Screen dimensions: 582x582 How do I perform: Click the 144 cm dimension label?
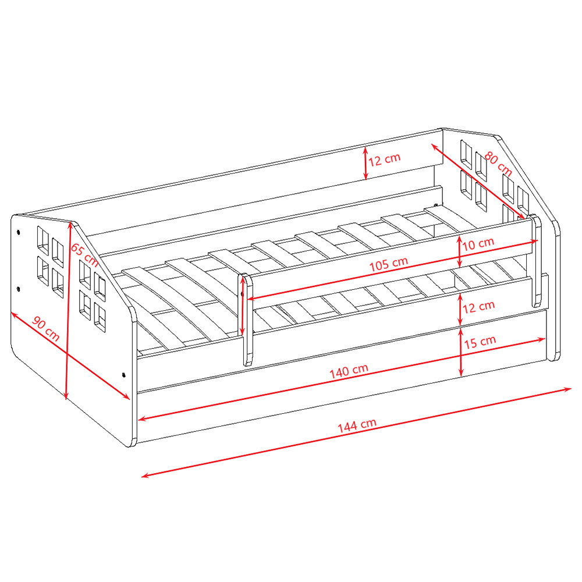pyautogui.click(x=357, y=425)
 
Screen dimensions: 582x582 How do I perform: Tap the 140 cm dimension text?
pyautogui.click(x=349, y=371)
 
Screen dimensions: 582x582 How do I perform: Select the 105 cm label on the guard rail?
pyautogui.click(x=389, y=264)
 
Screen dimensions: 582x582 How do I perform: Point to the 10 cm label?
pyautogui.click(x=478, y=244)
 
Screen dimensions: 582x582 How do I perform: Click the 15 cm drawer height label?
pyautogui.click(x=480, y=342)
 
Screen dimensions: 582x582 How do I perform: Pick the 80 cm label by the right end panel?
pyautogui.click(x=499, y=164)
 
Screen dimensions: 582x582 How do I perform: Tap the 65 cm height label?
pyautogui.click(x=84, y=255)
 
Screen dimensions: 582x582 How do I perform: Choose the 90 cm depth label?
pyautogui.click(x=45, y=328)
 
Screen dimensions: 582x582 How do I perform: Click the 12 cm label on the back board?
pyautogui.click(x=385, y=159)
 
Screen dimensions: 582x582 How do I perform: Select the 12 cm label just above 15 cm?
pyautogui.click(x=478, y=307)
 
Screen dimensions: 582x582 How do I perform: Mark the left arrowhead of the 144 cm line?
pyautogui.click(x=145, y=475)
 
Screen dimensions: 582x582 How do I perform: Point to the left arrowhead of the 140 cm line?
pyautogui.click(x=142, y=419)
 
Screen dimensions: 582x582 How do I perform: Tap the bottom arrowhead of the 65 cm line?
pyautogui.click(x=66, y=395)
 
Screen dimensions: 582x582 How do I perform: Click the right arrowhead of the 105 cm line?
pyautogui.click(x=534, y=242)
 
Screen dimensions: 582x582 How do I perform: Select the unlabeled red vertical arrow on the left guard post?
pyautogui.click(x=243, y=306)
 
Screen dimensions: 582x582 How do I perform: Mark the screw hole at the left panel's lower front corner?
pyautogui.click(x=123, y=375)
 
